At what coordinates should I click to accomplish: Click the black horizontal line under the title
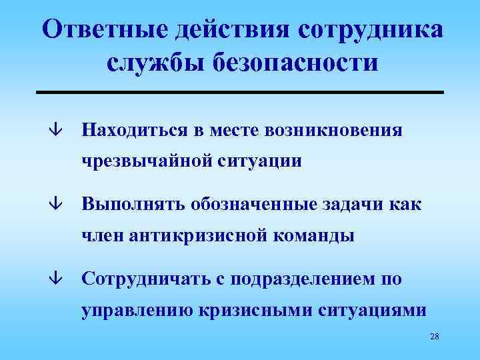239,91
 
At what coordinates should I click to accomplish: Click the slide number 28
435,337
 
